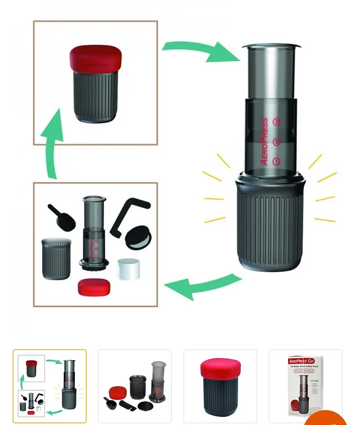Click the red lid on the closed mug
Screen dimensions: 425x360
tap(95, 57)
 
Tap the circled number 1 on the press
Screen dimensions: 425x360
tap(276, 162)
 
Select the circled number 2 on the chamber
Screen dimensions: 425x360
tap(276, 142)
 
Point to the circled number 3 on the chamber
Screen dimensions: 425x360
tap(276, 122)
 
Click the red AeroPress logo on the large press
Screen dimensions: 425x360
tap(264, 141)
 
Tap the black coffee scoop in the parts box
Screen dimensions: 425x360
tap(63, 216)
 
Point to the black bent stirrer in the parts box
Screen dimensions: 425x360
tap(128, 212)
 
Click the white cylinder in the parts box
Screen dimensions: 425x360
tap(131, 269)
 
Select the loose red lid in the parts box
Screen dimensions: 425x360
tap(94, 287)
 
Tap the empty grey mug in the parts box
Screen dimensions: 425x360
tap(56, 259)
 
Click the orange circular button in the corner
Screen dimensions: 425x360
tap(326, 418)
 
